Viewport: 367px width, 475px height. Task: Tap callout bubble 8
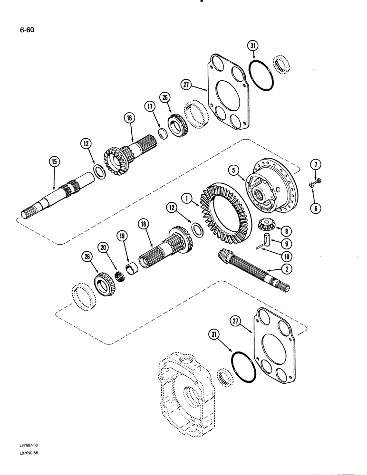[286, 232]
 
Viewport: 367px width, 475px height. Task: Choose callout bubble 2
[287, 269]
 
